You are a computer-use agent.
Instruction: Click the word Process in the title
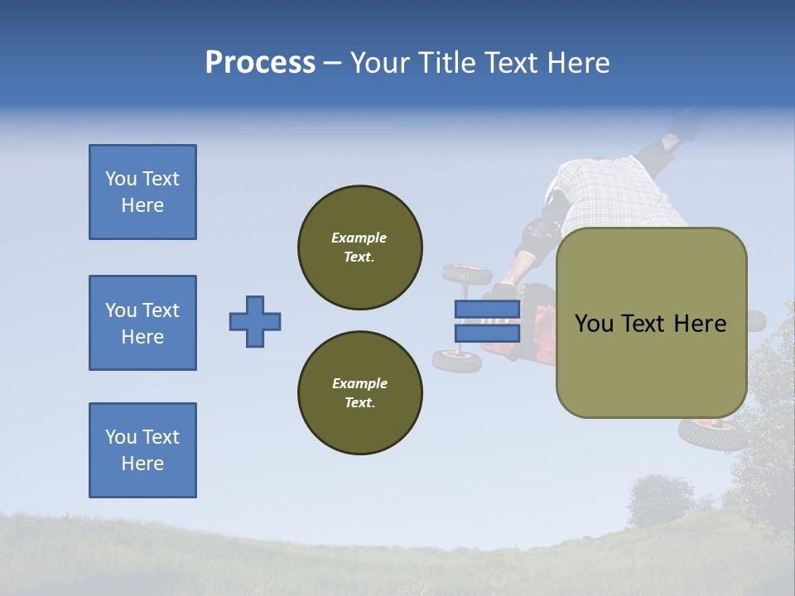point(260,63)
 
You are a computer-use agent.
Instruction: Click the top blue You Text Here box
point(142,192)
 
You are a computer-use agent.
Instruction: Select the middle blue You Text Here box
point(142,323)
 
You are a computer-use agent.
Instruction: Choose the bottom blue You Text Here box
point(142,450)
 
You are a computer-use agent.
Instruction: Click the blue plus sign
point(254,321)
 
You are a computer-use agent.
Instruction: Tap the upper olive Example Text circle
point(359,247)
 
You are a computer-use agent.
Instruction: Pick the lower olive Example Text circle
point(359,392)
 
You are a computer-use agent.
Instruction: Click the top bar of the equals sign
point(487,309)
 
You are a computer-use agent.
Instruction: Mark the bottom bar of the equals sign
point(487,333)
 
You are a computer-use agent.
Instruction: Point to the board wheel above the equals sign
point(466,274)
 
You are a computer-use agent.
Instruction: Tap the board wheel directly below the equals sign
point(457,361)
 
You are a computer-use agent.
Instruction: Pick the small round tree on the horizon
point(660,500)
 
